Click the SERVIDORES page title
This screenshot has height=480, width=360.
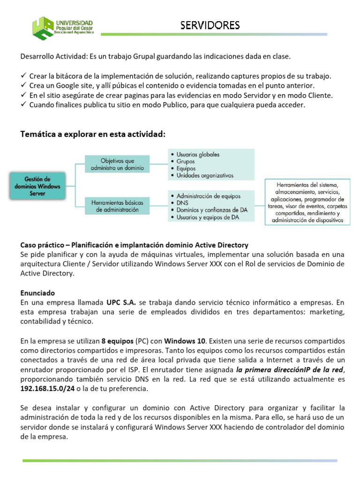point(210,24)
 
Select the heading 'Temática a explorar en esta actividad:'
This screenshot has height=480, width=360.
point(92,135)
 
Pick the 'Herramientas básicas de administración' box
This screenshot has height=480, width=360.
point(117,206)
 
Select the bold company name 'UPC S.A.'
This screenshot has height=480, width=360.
point(121,302)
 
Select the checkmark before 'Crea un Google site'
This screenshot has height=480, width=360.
point(24,85)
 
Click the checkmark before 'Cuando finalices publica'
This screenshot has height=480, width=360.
point(24,105)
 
